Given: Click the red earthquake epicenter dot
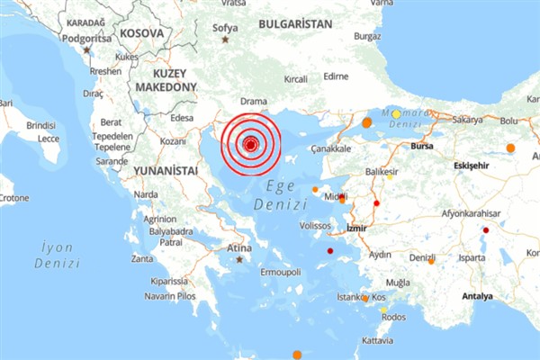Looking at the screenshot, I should click(x=250, y=144).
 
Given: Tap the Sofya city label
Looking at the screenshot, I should click(x=225, y=27).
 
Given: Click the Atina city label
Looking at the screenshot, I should click(x=238, y=247).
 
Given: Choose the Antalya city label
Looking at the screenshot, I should click(x=477, y=296).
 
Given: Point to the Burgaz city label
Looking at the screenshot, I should click(x=367, y=37).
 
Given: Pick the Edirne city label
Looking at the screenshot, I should click(x=336, y=76).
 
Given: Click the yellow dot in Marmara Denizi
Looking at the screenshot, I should click(x=396, y=114).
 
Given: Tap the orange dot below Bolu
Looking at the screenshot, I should click(x=510, y=148).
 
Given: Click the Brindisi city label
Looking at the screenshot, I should click(x=41, y=126).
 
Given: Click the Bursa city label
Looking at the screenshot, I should click(x=421, y=144).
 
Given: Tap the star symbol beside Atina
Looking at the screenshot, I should click(x=239, y=260).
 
